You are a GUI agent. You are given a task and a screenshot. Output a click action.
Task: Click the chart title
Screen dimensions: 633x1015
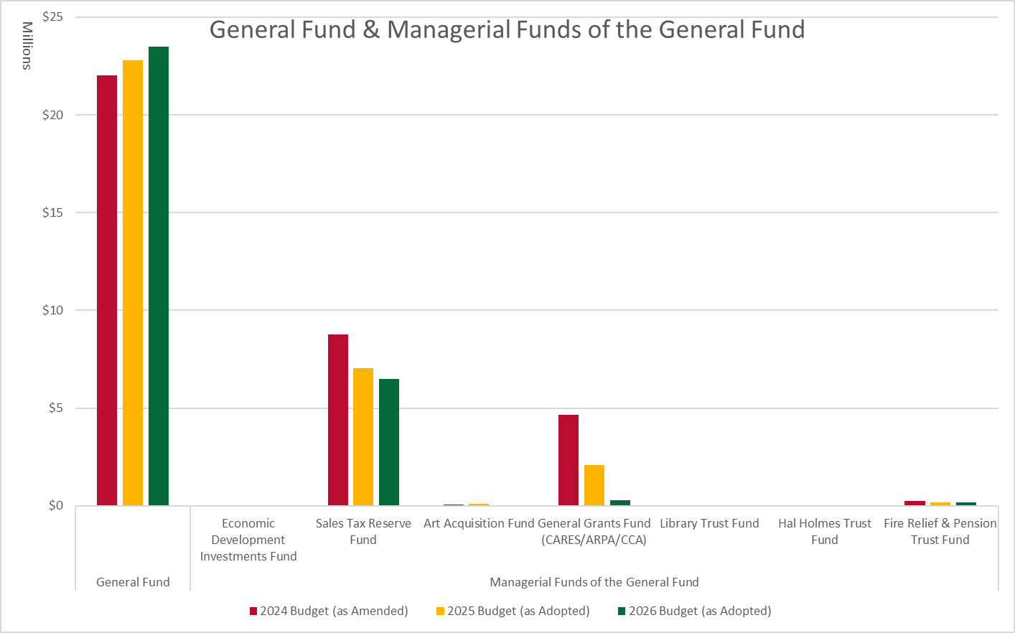point(507,29)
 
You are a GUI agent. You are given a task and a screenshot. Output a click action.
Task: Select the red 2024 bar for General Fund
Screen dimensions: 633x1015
point(107,290)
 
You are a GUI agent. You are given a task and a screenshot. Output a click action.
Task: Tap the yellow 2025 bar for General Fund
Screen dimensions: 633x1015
point(133,283)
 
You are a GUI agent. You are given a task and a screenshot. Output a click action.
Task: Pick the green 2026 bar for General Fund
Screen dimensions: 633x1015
point(159,276)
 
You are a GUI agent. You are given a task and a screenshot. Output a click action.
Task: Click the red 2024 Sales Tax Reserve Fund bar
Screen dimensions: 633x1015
point(338,420)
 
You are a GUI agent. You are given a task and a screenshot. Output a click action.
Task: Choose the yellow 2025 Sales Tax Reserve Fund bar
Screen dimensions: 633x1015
point(363,436)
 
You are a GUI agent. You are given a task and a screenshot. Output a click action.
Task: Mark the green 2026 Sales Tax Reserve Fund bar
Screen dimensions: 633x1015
point(389,442)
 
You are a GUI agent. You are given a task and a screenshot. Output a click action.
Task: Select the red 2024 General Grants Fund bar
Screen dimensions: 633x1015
point(569,460)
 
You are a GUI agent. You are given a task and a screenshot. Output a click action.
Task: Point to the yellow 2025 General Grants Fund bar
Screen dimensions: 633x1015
point(594,485)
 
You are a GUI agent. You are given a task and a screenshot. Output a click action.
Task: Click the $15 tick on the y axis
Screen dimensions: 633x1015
point(52,212)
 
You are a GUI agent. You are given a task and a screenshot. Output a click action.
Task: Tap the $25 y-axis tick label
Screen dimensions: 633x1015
point(52,17)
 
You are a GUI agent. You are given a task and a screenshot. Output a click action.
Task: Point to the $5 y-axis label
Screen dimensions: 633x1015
point(55,408)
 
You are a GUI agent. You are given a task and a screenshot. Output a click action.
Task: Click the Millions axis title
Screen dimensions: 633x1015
point(27,45)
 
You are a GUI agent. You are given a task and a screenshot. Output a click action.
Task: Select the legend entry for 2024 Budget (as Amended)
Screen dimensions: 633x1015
point(329,611)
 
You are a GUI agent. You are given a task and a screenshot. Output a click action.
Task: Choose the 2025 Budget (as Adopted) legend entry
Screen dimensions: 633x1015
point(513,611)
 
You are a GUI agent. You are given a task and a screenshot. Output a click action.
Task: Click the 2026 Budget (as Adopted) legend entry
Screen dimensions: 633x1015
point(694,611)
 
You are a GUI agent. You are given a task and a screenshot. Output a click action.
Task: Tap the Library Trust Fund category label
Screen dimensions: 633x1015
point(709,523)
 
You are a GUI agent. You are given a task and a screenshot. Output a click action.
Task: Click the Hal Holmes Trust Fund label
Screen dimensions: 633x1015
point(825,531)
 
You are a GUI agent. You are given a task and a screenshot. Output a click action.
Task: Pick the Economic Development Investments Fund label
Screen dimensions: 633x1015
point(248,540)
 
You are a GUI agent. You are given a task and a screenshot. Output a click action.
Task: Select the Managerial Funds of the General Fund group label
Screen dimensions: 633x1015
point(594,582)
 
